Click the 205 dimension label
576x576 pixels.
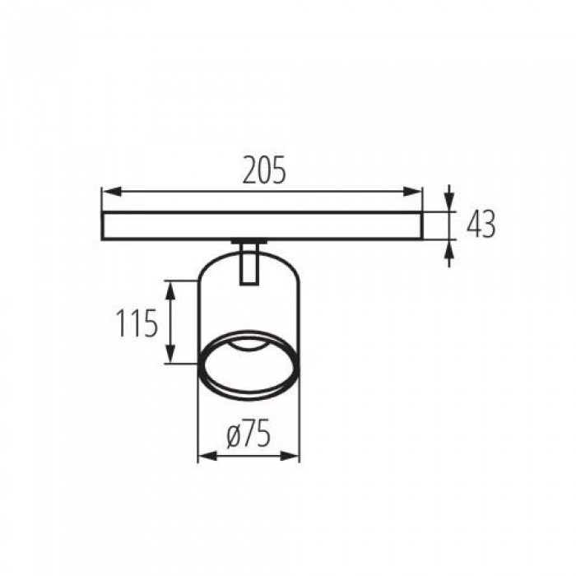pyautogui.click(x=264, y=170)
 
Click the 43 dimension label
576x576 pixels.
pyautogui.click(x=481, y=224)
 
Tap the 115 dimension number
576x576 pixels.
pyautogui.click(x=137, y=323)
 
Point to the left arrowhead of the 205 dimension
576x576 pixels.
pyautogui.click(x=111, y=192)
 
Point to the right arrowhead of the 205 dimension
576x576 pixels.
pyautogui.click(x=412, y=192)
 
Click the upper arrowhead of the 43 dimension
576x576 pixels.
pyautogui.click(x=449, y=202)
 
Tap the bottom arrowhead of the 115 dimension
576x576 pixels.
pyautogui.click(x=170, y=353)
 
